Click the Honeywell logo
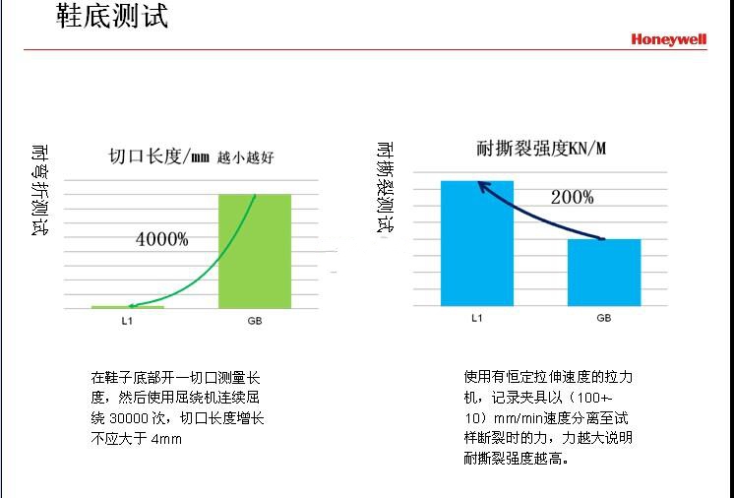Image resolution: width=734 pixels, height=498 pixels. coord(669,39)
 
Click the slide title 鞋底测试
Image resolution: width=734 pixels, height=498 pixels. coord(112,17)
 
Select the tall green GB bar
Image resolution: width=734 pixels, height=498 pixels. coord(254,251)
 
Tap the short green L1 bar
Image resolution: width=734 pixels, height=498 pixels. coord(128,307)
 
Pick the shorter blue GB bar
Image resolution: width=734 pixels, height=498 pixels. coord(603,272)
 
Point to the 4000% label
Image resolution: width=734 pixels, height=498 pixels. coord(162,239)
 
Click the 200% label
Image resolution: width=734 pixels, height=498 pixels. coord(572,197)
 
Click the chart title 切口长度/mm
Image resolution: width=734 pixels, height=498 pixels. coord(158,156)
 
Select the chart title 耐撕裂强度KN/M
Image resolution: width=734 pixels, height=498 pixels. coord(541,150)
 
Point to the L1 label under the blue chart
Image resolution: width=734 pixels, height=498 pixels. coord(477,318)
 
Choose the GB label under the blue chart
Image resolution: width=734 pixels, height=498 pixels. coord(603,318)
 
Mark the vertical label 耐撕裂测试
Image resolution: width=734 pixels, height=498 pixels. coord(386,188)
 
